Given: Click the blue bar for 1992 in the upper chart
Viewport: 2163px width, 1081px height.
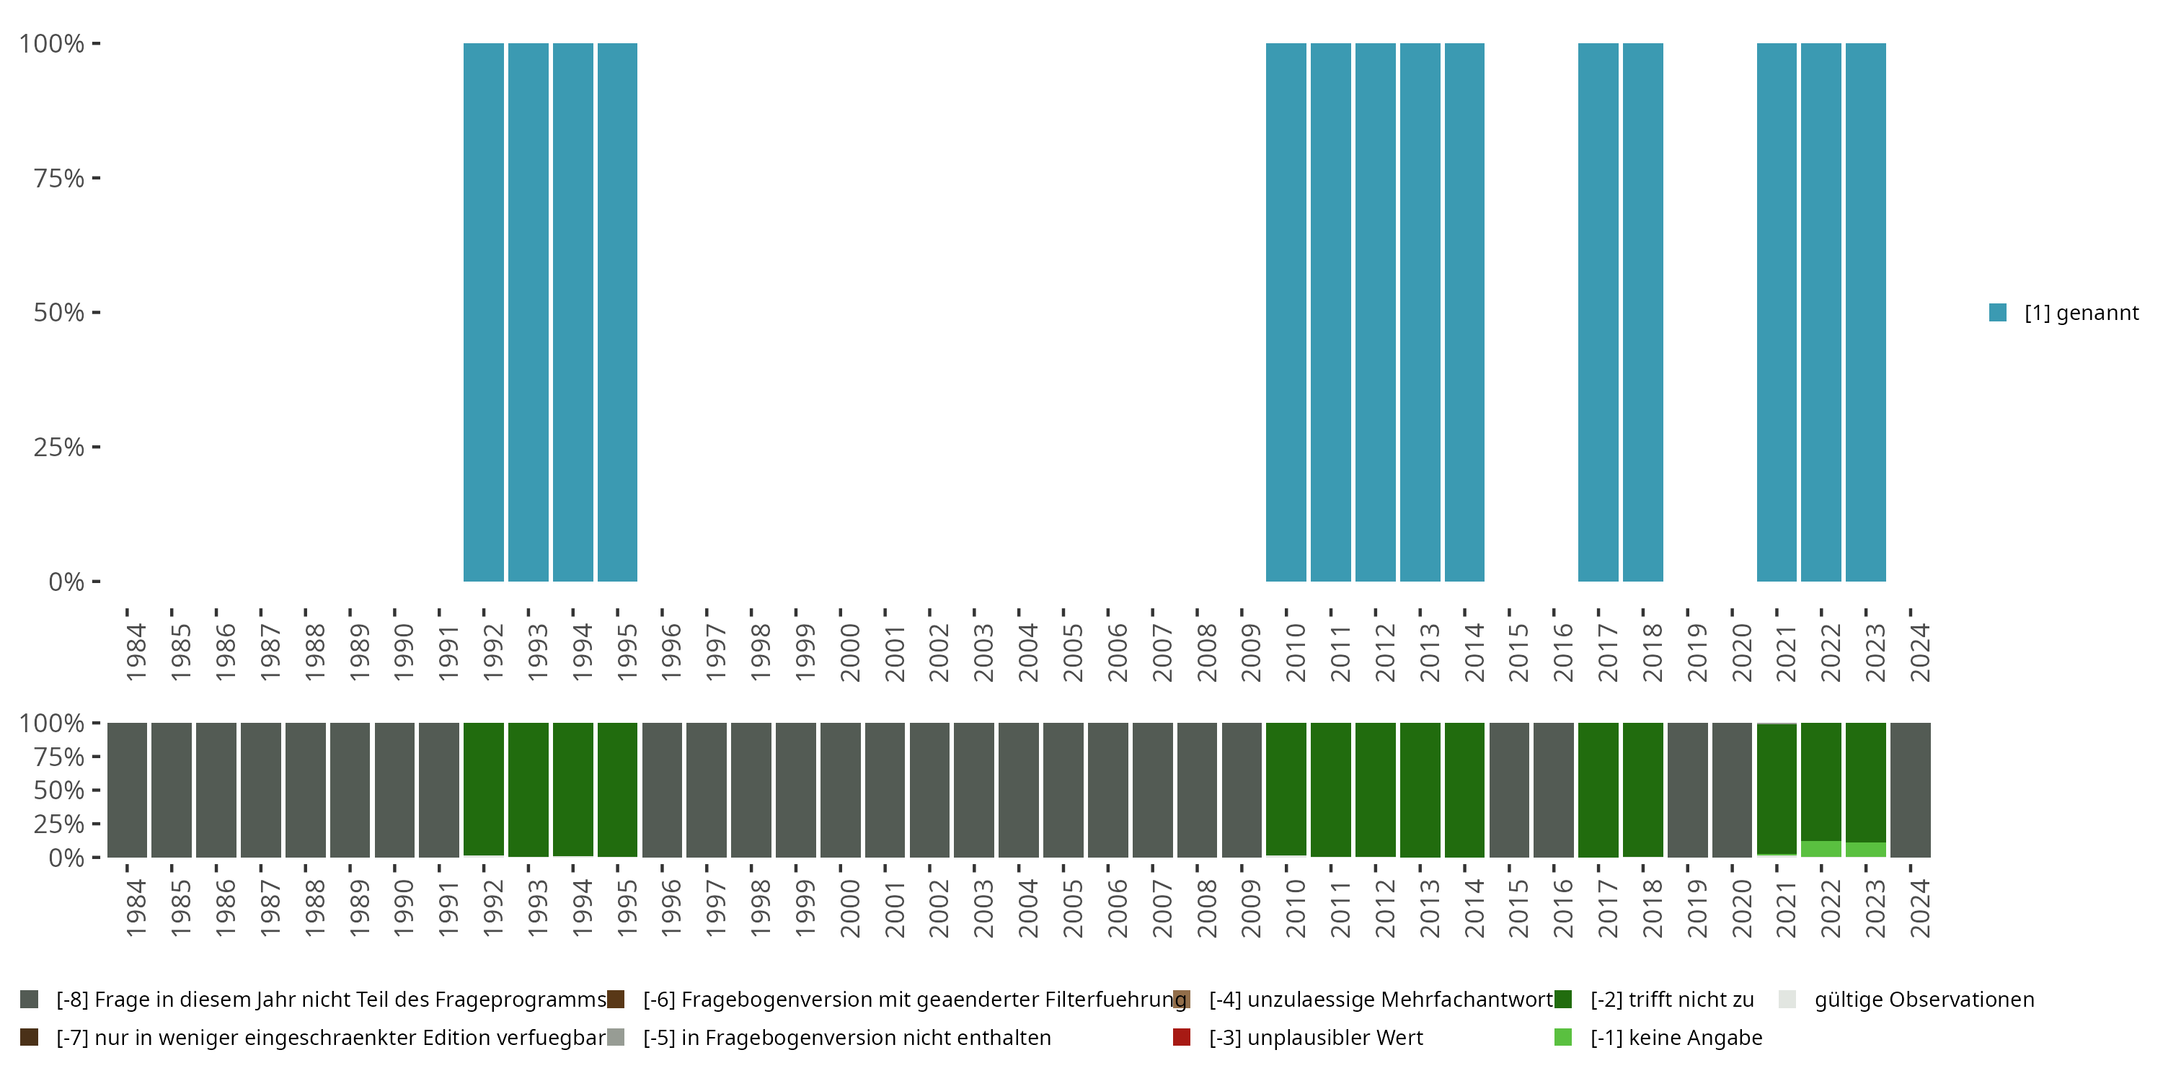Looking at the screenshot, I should pyautogui.click(x=484, y=312).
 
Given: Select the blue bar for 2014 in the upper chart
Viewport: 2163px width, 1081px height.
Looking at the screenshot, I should pyautogui.click(x=1464, y=312).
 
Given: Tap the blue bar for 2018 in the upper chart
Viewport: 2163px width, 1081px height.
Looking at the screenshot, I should pyautogui.click(x=1642, y=312).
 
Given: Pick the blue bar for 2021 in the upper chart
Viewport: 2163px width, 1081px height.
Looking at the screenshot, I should pyautogui.click(x=1777, y=312).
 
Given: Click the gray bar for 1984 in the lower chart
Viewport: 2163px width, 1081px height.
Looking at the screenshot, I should pyautogui.click(x=127, y=790).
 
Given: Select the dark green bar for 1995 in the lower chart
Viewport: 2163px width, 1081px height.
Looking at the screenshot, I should pyautogui.click(x=617, y=789).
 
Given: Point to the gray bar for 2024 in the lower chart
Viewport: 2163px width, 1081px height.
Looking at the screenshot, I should pyautogui.click(x=1910, y=790).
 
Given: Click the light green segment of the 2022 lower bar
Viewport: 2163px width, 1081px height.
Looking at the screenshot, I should pyautogui.click(x=1821, y=848).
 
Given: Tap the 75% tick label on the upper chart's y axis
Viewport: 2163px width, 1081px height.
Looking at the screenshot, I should pyautogui.click(x=59, y=178).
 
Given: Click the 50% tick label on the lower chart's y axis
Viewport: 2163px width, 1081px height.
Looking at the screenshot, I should pyautogui.click(x=59, y=790).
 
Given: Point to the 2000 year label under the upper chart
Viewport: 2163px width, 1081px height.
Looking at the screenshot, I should pyautogui.click(x=850, y=652).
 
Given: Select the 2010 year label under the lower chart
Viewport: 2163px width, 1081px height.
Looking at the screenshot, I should pyautogui.click(x=1296, y=908).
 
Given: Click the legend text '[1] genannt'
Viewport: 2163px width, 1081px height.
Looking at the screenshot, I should pyautogui.click(x=2081, y=313).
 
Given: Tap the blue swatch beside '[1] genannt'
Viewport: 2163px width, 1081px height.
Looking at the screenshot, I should pyautogui.click(x=1999, y=313).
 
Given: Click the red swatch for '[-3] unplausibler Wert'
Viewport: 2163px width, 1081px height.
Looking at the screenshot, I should pyautogui.click(x=1182, y=1037).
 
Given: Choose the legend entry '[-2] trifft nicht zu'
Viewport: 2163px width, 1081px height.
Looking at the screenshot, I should pyautogui.click(x=1671, y=1000).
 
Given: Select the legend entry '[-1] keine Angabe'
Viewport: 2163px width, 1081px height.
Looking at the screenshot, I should pyautogui.click(x=1675, y=1037).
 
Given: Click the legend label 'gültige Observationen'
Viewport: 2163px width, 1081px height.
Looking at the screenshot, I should pyautogui.click(x=1924, y=1000).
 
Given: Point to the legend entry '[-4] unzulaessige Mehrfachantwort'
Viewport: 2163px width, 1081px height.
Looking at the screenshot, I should pyautogui.click(x=1379, y=1000).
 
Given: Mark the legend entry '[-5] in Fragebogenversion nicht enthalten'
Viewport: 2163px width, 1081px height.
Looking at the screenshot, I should pyautogui.click(x=846, y=1037).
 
